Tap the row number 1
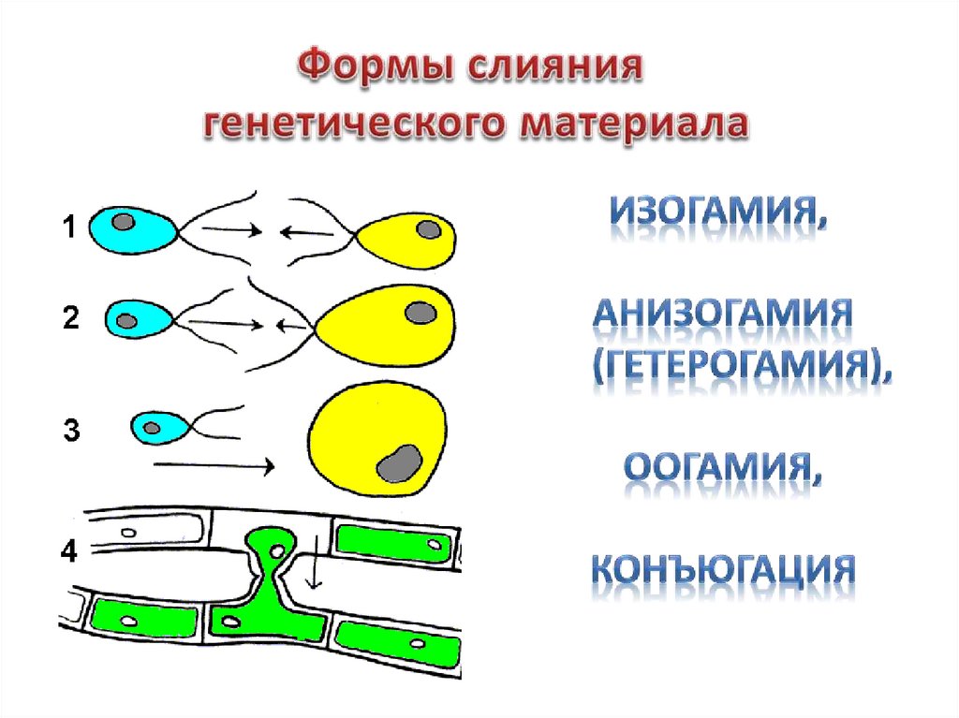(x=69, y=227)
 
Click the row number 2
(x=70, y=317)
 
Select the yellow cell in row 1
(x=412, y=240)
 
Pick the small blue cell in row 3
(x=159, y=428)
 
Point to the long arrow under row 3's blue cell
(x=214, y=464)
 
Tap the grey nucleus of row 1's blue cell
(x=124, y=223)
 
